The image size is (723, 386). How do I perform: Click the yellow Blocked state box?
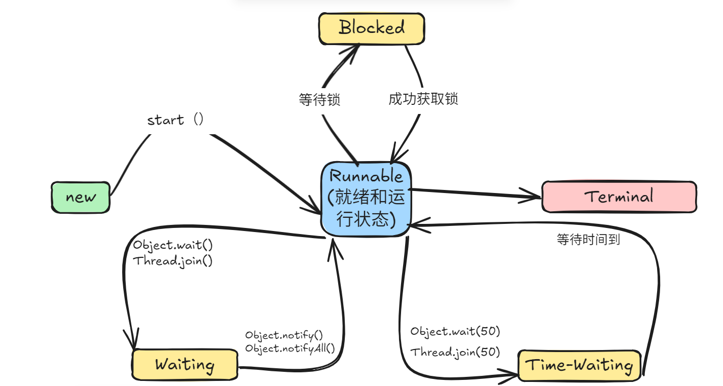coord(371,28)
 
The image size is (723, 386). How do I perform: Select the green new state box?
coord(81,198)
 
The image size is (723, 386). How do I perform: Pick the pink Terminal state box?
coord(619,197)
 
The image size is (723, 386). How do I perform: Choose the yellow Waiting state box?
coord(185,365)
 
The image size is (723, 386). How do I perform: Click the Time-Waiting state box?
coord(579,365)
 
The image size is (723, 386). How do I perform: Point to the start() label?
coord(175,120)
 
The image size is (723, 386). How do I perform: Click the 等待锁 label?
coord(319,100)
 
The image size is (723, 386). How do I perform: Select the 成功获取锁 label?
coord(423,99)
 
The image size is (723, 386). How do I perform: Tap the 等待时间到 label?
coord(588,240)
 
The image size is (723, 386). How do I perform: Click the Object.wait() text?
coord(173,245)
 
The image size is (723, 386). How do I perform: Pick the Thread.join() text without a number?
coord(173,261)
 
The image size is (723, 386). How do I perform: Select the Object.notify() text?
coord(284,335)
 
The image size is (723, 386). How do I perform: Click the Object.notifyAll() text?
coord(290,348)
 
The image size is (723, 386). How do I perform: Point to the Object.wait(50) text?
coord(455,332)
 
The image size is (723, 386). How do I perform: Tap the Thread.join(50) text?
coord(455,352)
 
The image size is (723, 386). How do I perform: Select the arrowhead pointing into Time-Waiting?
coord(512,375)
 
